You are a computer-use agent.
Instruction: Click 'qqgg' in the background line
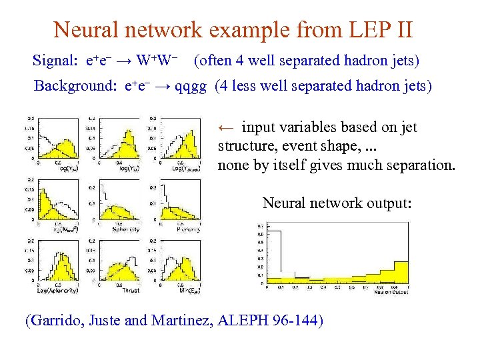pyautogui.click(x=191, y=86)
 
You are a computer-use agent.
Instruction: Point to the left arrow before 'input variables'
pyautogui.click(x=227, y=127)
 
